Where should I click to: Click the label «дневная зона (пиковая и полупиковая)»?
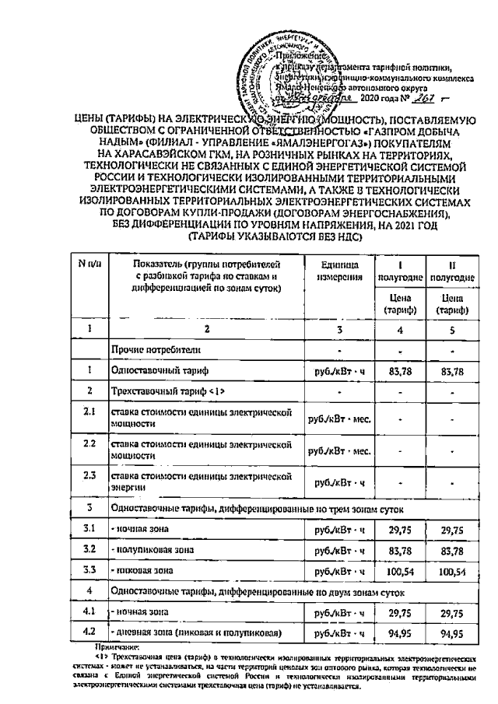[195, 634]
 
